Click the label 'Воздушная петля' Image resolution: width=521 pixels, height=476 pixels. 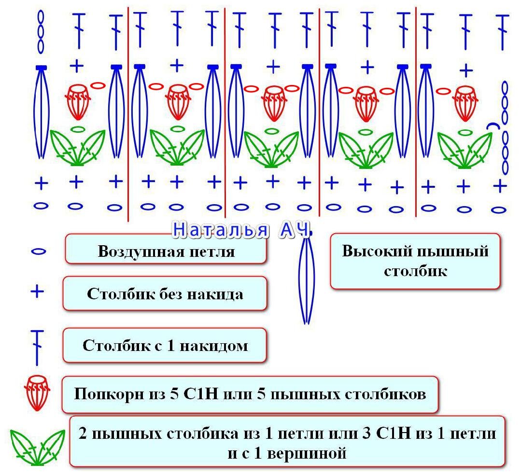click(166, 252)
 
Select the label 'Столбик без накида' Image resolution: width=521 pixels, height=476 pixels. click(165, 294)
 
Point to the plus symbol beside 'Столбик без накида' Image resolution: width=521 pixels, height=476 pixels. click(37, 292)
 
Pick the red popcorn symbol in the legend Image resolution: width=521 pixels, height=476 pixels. click(37, 392)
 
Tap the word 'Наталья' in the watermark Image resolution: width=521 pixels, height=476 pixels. click(220, 230)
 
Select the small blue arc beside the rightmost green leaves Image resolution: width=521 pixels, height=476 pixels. click(493, 126)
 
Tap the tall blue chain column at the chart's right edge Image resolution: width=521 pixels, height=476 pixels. click(505, 127)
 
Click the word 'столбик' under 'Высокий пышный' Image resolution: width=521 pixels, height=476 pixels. click(415, 271)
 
